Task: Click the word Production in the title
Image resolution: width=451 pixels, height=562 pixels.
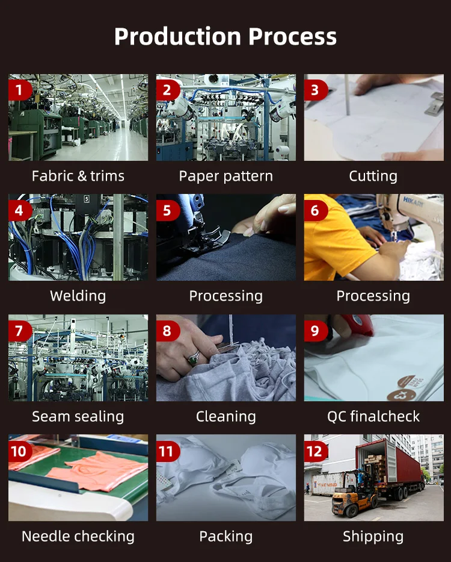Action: tap(177, 37)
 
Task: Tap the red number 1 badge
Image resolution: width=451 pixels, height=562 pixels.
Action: tap(20, 90)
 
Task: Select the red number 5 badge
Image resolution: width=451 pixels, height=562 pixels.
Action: tap(168, 210)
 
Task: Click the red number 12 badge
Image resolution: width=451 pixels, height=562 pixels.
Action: tap(315, 452)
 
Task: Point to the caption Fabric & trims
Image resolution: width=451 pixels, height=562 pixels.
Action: tap(78, 176)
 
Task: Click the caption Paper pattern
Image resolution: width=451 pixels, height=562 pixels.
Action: tap(226, 176)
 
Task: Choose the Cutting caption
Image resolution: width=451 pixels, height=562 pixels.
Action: tap(373, 176)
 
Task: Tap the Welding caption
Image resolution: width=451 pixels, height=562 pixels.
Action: tap(78, 296)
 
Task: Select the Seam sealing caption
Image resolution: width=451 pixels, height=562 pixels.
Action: tap(78, 416)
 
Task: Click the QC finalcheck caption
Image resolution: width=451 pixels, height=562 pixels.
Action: tap(373, 416)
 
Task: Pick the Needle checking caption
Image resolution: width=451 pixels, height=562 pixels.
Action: tap(78, 537)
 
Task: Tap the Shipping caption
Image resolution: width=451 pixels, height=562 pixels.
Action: tap(373, 537)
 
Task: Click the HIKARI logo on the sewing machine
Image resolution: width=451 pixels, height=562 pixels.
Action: tap(414, 202)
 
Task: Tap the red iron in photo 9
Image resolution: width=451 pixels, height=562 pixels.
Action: tap(358, 324)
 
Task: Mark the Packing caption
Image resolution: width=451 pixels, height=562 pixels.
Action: tap(226, 537)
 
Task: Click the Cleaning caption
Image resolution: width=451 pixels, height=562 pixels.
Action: tap(226, 416)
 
